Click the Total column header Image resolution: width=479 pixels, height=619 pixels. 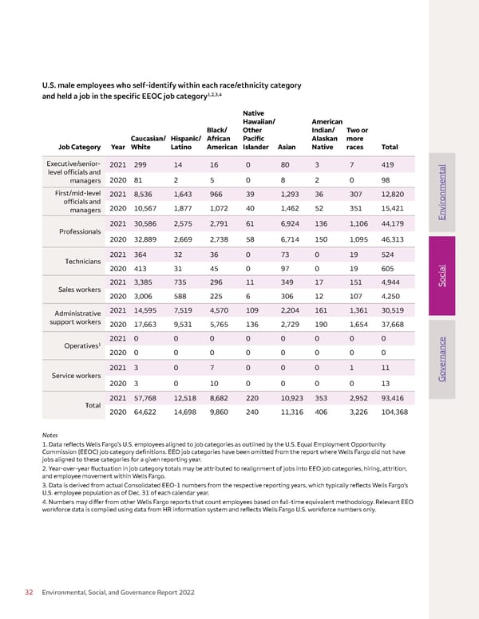(390, 147)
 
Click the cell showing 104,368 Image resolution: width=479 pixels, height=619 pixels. (398, 412)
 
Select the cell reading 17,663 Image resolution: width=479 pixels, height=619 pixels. (144, 325)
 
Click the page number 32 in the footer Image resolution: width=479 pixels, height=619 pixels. (29, 593)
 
